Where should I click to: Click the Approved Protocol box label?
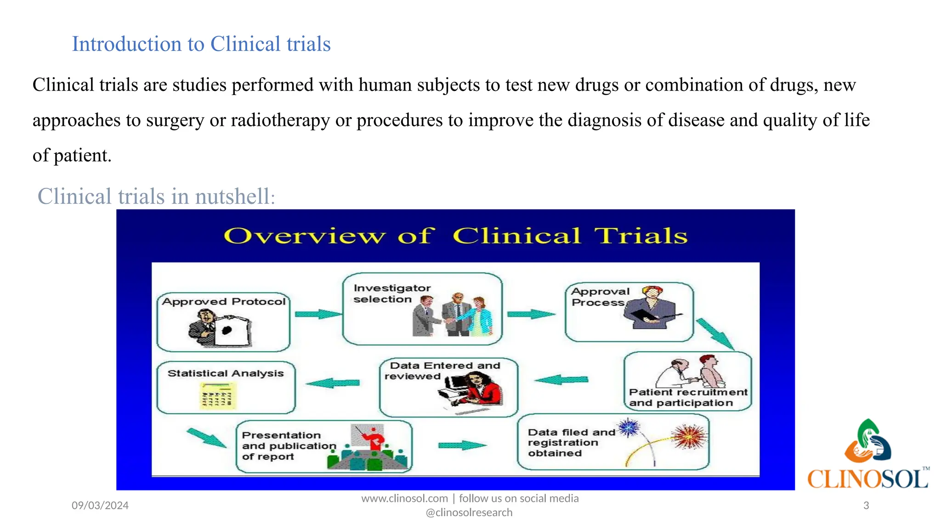[224, 302]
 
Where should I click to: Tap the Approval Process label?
[600, 297]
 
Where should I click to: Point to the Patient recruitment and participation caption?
[687, 398]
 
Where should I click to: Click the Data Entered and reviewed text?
[442, 371]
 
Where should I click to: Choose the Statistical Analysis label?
[226, 373]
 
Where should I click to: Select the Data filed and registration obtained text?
[570, 443]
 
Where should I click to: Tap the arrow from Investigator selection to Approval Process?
[531, 315]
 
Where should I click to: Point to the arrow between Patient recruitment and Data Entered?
[561, 380]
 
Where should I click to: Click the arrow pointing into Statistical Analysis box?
[333, 383]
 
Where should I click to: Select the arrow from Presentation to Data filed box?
[461, 445]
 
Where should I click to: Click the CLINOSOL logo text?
[867, 479]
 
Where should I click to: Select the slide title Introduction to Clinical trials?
[201, 44]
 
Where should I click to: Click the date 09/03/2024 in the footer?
[100, 506]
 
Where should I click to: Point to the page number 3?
[866, 506]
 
